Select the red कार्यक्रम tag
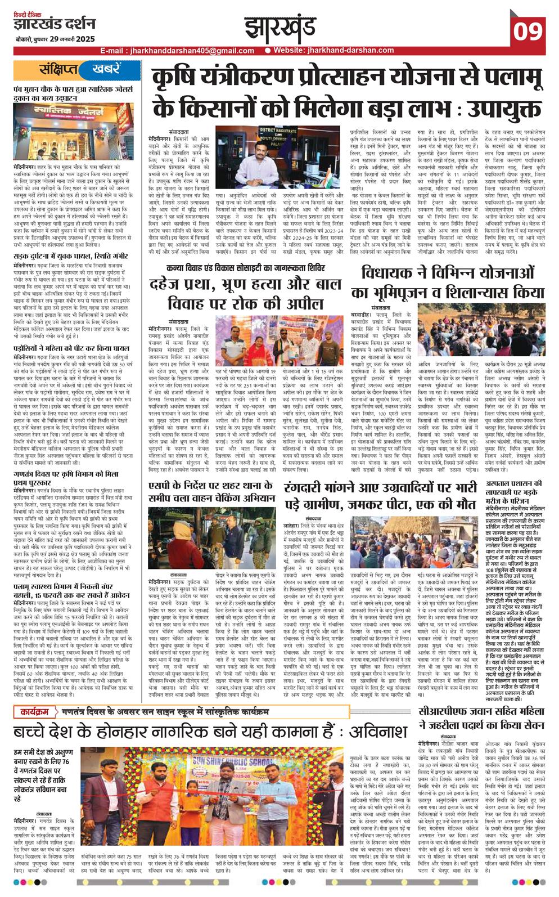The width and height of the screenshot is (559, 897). pos(35,712)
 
